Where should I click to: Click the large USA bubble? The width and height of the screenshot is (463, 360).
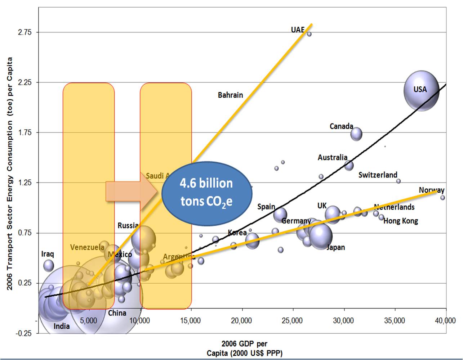[421, 90]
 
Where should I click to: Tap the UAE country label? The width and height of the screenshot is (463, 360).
[298, 30]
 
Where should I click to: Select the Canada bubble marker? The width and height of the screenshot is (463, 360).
[356, 134]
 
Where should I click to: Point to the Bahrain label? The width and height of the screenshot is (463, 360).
[230, 95]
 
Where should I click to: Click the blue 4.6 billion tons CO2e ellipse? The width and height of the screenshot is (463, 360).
[206, 193]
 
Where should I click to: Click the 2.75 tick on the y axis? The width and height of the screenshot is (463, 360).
[25, 32]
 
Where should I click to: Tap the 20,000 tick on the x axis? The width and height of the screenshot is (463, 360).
[241, 320]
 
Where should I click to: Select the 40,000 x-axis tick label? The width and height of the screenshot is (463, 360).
[445, 320]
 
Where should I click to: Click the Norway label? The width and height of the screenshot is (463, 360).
[431, 190]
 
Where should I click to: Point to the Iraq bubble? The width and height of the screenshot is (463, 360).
[49, 266]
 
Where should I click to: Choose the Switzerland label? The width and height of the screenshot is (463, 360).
[378, 175]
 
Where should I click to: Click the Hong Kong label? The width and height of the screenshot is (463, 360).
[400, 221]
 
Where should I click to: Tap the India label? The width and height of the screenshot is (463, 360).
[62, 326]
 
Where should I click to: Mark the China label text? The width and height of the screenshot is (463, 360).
[117, 313]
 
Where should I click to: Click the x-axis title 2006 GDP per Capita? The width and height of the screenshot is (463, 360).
[244, 348]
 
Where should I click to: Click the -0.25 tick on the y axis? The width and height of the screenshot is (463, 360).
[23, 333]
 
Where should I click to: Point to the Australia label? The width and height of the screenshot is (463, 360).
[332, 157]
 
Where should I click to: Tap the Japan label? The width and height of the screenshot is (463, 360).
[335, 247]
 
